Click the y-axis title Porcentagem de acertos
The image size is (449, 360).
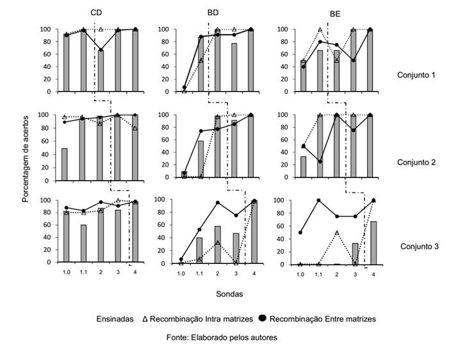(x=26, y=155)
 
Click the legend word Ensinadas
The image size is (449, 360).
(x=115, y=318)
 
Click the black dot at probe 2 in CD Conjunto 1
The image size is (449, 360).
(x=100, y=50)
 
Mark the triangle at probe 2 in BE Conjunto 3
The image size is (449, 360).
(x=337, y=232)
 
